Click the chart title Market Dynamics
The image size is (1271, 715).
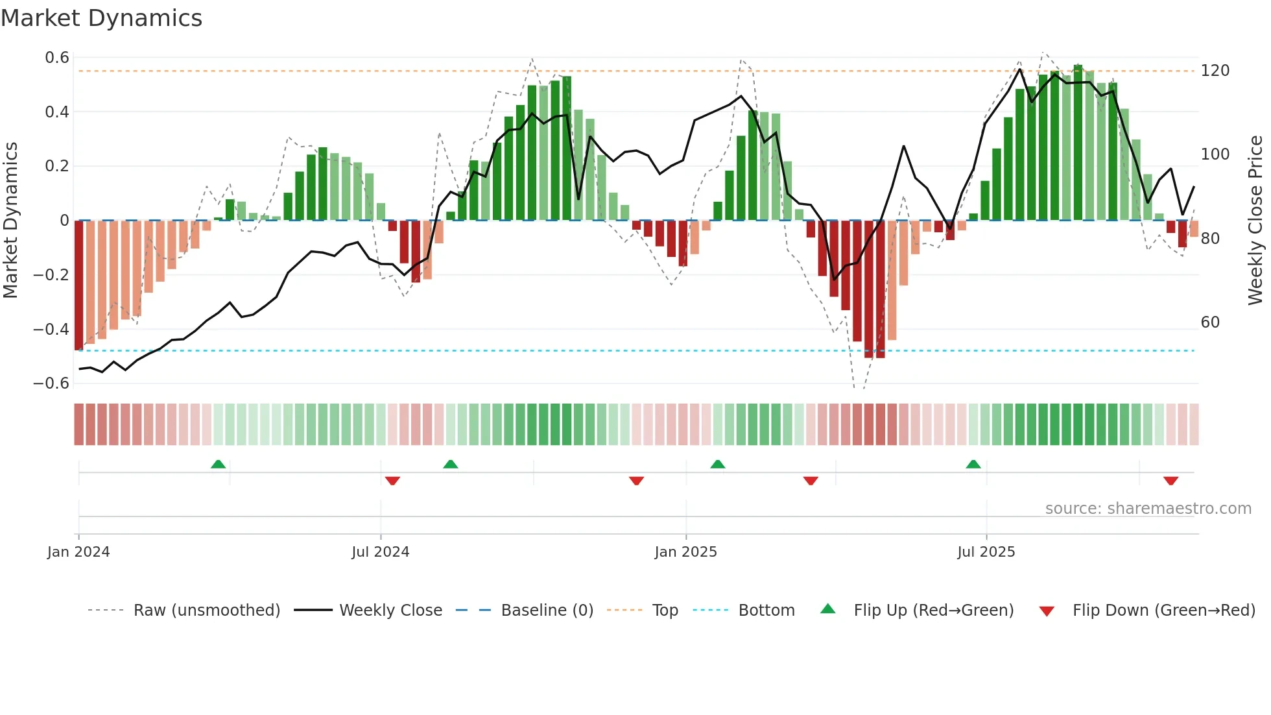101,18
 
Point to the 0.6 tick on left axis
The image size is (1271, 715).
57,58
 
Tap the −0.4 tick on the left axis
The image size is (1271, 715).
51,329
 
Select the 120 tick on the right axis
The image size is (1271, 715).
1215,71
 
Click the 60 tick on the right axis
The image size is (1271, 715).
1210,322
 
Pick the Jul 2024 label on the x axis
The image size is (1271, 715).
380,552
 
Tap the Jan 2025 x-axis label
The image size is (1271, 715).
685,552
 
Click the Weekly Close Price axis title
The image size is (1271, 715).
1255,221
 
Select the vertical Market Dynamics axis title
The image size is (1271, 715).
10,221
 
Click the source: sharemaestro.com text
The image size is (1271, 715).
1148,509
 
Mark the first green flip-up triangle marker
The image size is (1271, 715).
219,465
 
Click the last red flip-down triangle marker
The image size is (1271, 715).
1170,481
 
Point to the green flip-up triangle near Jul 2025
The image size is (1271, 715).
973,465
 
